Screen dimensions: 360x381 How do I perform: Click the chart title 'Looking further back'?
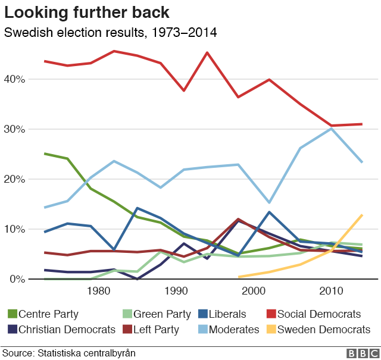(x=88, y=12)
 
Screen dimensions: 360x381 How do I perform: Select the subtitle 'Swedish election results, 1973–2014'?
(x=111, y=32)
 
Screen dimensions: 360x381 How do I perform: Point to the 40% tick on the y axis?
(x=15, y=79)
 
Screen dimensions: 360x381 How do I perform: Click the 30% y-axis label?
(x=15, y=129)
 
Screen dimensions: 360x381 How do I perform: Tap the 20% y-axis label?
(x=15, y=179)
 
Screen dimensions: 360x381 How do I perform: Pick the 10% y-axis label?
(x=15, y=229)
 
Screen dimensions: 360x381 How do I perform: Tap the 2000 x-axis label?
(x=254, y=291)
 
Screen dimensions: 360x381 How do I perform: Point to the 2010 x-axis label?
(x=332, y=291)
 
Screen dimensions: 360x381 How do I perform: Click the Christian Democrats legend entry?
(x=61, y=329)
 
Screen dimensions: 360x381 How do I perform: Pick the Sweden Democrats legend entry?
(x=318, y=329)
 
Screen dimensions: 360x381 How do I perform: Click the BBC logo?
(x=358, y=353)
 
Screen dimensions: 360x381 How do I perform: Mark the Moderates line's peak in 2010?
(x=332, y=128)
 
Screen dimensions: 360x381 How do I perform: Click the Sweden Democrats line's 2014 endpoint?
(x=362, y=215)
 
